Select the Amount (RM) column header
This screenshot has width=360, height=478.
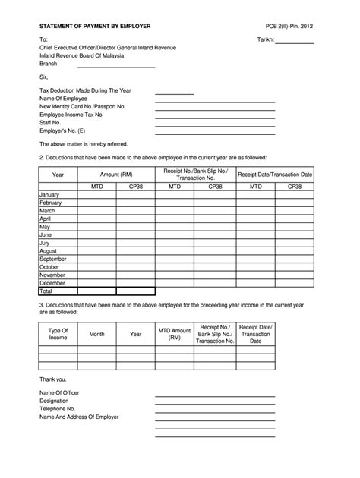(x=115, y=174)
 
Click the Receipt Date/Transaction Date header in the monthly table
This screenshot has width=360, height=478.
(x=274, y=174)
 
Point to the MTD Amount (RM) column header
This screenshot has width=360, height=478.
(x=174, y=335)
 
